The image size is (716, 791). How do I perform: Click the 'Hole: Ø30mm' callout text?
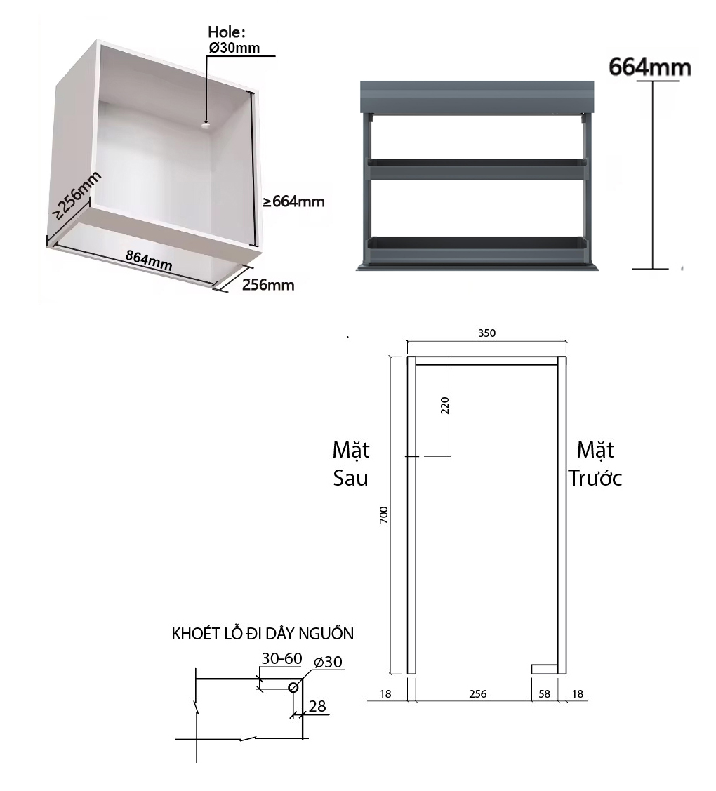234,39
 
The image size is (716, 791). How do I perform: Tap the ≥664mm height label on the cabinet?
293,202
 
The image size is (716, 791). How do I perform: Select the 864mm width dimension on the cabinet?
149,260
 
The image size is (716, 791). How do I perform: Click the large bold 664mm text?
650,67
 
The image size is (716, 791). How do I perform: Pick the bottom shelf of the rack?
477,242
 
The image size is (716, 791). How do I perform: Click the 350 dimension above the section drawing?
487,333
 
